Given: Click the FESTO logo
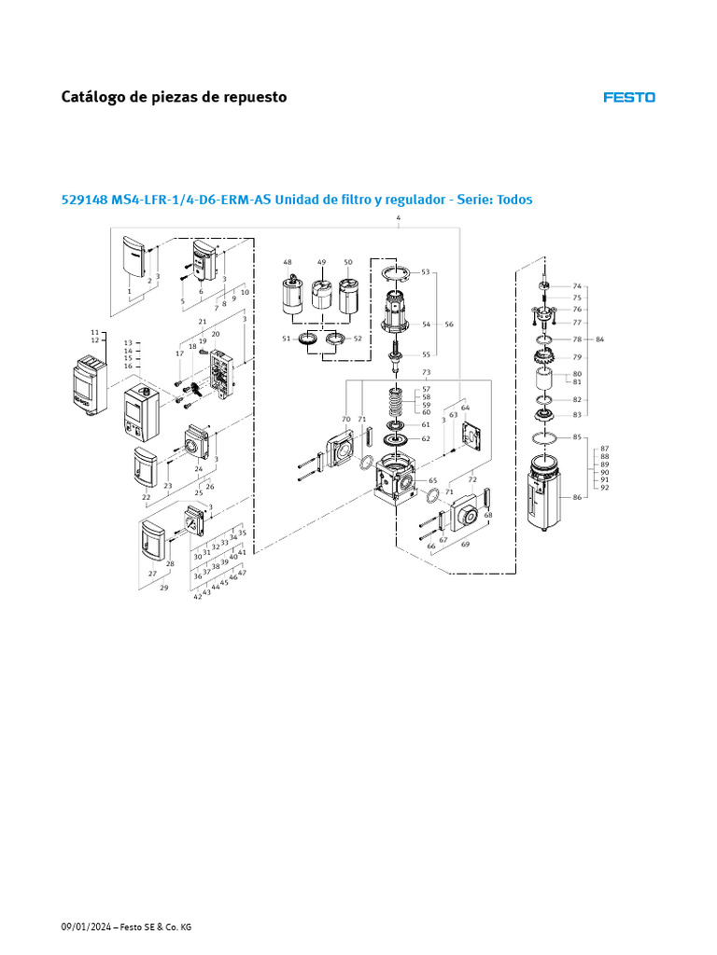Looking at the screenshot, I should coord(628,97).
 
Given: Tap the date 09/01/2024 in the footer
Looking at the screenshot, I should coord(85,927).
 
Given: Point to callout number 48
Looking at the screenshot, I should coord(288,262).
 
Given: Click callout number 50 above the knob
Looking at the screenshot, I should coord(348,262).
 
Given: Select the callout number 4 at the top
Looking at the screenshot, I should coord(399,218).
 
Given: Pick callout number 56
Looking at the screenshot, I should coord(449,325).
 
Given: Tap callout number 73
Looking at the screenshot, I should coord(426,372).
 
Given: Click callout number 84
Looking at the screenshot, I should coord(600,339).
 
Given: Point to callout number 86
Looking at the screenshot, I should coord(577,498).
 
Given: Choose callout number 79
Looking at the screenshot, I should coord(577,357).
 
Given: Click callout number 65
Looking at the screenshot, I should coord(433,480).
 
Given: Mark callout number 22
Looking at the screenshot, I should coord(147,497).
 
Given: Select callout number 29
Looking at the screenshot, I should coord(164,588).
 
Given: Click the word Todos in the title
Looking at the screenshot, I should coord(513,200).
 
